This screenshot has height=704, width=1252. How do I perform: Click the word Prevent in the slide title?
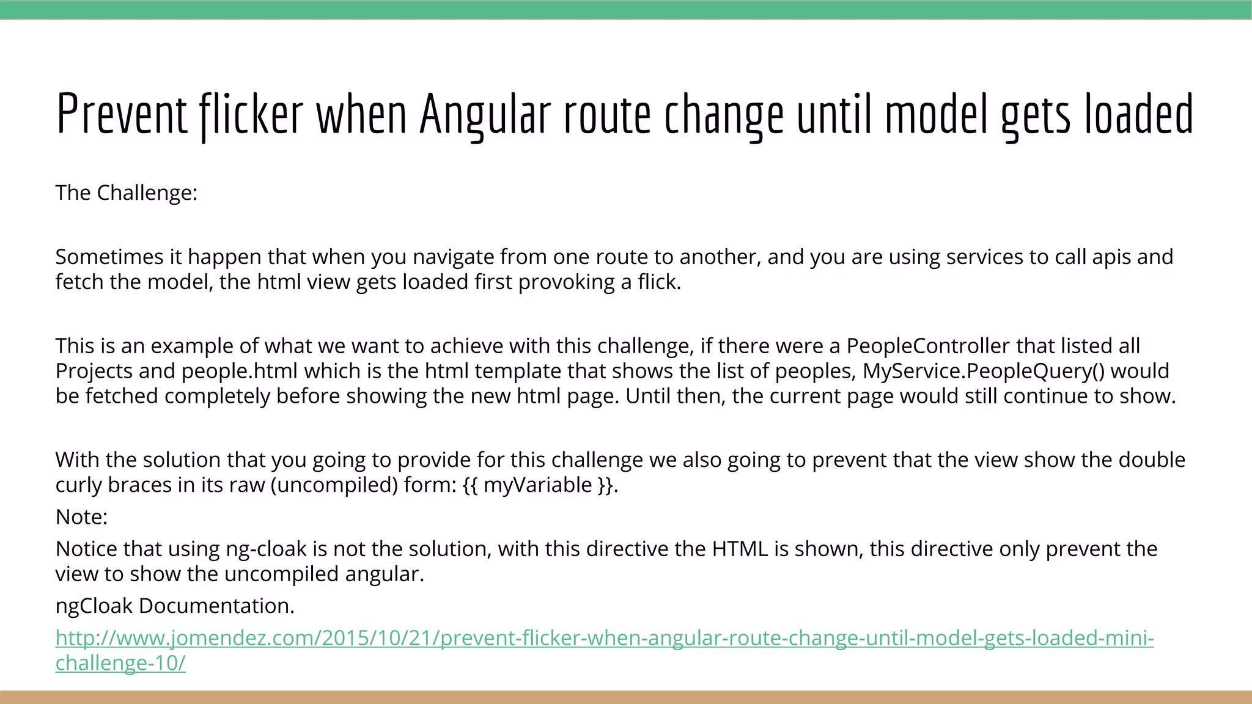[x=121, y=114]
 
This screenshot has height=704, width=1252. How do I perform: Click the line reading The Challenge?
[x=127, y=193]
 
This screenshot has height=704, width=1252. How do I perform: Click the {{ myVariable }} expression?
[x=538, y=485]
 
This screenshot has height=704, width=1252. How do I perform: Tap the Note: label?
[x=81, y=517]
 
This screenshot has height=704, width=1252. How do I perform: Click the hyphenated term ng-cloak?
[x=267, y=549]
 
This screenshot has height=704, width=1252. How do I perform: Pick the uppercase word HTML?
[x=740, y=549]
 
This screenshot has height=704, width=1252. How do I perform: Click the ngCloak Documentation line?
[x=175, y=606]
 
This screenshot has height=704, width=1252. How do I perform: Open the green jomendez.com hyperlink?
[x=604, y=638]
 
